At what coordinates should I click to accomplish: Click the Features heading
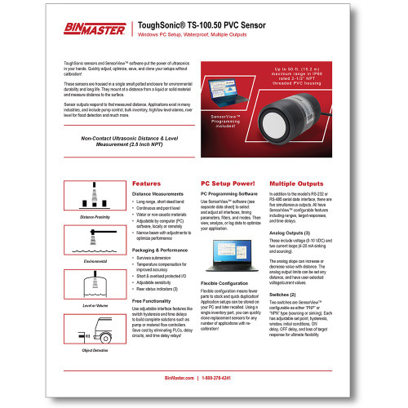146,184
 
